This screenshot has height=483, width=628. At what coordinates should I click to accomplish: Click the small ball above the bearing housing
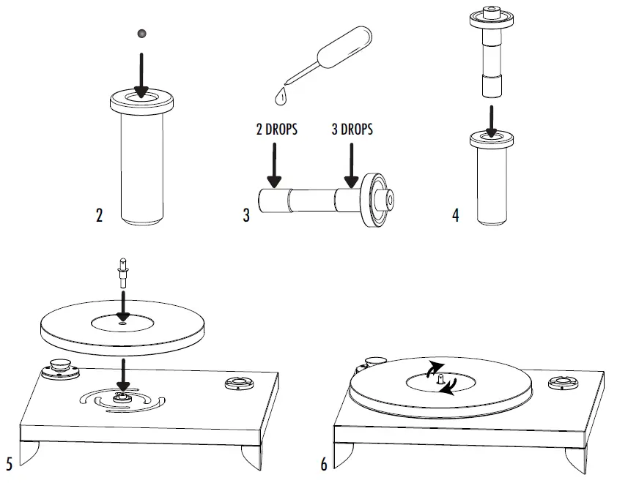pyautogui.click(x=141, y=33)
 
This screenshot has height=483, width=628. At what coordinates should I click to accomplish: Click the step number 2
pyautogui.click(x=99, y=216)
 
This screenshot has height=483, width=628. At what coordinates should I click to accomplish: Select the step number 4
pyautogui.click(x=456, y=216)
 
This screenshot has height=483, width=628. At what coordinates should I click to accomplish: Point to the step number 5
pyautogui.click(x=9, y=464)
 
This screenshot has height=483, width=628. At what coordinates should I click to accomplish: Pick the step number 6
pyautogui.click(x=324, y=464)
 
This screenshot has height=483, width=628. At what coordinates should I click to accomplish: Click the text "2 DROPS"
pyautogui.click(x=276, y=130)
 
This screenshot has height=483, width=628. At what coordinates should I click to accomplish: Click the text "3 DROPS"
pyautogui.click(x=352, y=130)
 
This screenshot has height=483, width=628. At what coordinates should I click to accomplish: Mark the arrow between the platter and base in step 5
pyautogui.click(x=122, y=372)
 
